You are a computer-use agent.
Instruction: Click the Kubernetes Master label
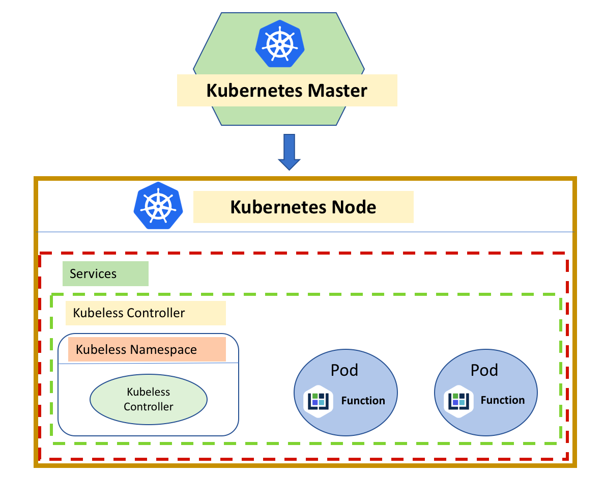[286, 91]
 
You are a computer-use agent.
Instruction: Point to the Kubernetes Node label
[303, 207]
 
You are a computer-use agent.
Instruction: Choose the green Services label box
[105, 274]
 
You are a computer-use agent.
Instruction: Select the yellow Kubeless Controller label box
[145, 313]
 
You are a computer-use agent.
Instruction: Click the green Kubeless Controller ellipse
[149, 400]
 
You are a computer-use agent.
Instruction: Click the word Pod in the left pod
[344, 370]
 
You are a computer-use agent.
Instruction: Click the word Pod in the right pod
[484, 370]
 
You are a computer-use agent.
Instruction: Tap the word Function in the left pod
[363, 401]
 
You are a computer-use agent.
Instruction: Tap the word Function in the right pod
[503, 400]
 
